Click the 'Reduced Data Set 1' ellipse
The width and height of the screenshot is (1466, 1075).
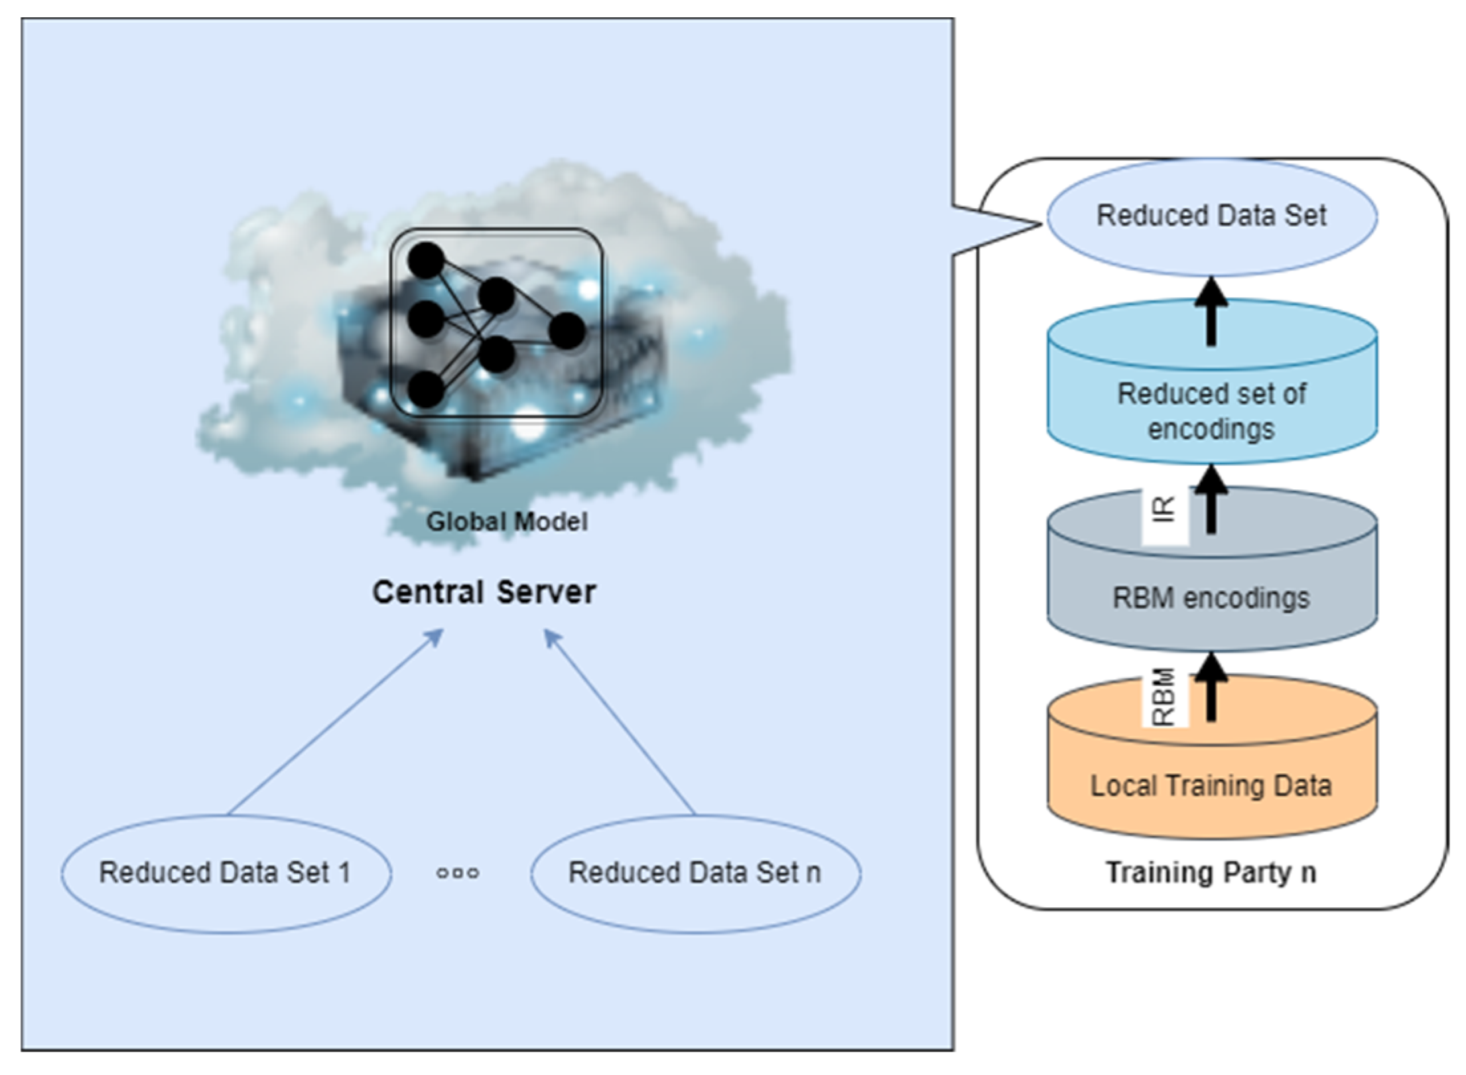coord(226,873)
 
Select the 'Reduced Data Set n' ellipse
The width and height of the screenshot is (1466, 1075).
coord(696,873)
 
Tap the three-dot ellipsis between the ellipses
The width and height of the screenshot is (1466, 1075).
coord(458,873)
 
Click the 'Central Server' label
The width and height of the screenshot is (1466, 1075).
coord(484,592)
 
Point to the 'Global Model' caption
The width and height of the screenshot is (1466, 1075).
coord(507,521)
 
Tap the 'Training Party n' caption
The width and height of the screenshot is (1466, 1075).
coord(1211,873)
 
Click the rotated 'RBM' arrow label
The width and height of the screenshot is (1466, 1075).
coord(1164,696)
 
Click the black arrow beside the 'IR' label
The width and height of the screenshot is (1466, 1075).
coord(1211,499)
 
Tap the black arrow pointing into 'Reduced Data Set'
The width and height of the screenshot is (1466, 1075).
coord(1211,311)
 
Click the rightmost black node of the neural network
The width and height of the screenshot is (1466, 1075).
coord(567,331)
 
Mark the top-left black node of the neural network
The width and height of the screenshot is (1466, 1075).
coord(426,260)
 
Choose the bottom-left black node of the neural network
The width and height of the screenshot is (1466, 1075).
coord(426,389)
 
